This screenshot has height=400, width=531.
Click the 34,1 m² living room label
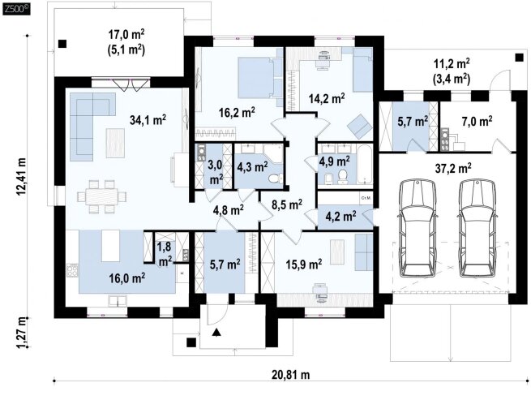148,119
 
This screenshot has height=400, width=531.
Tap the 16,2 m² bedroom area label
237,112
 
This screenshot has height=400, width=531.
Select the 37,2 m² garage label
453,168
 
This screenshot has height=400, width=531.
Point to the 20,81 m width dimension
290,375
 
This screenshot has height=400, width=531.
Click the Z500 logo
16,9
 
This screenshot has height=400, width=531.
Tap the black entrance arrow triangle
216,332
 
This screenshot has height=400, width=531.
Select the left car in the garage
418,228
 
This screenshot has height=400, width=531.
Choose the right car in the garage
477,228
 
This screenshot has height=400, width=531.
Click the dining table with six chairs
101,197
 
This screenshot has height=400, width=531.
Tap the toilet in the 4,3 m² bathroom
276,178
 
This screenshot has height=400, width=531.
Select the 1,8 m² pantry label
165,254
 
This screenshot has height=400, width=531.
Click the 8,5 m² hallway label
287,204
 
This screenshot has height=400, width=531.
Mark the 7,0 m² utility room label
477,121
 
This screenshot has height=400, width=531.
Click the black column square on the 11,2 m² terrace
519,58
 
